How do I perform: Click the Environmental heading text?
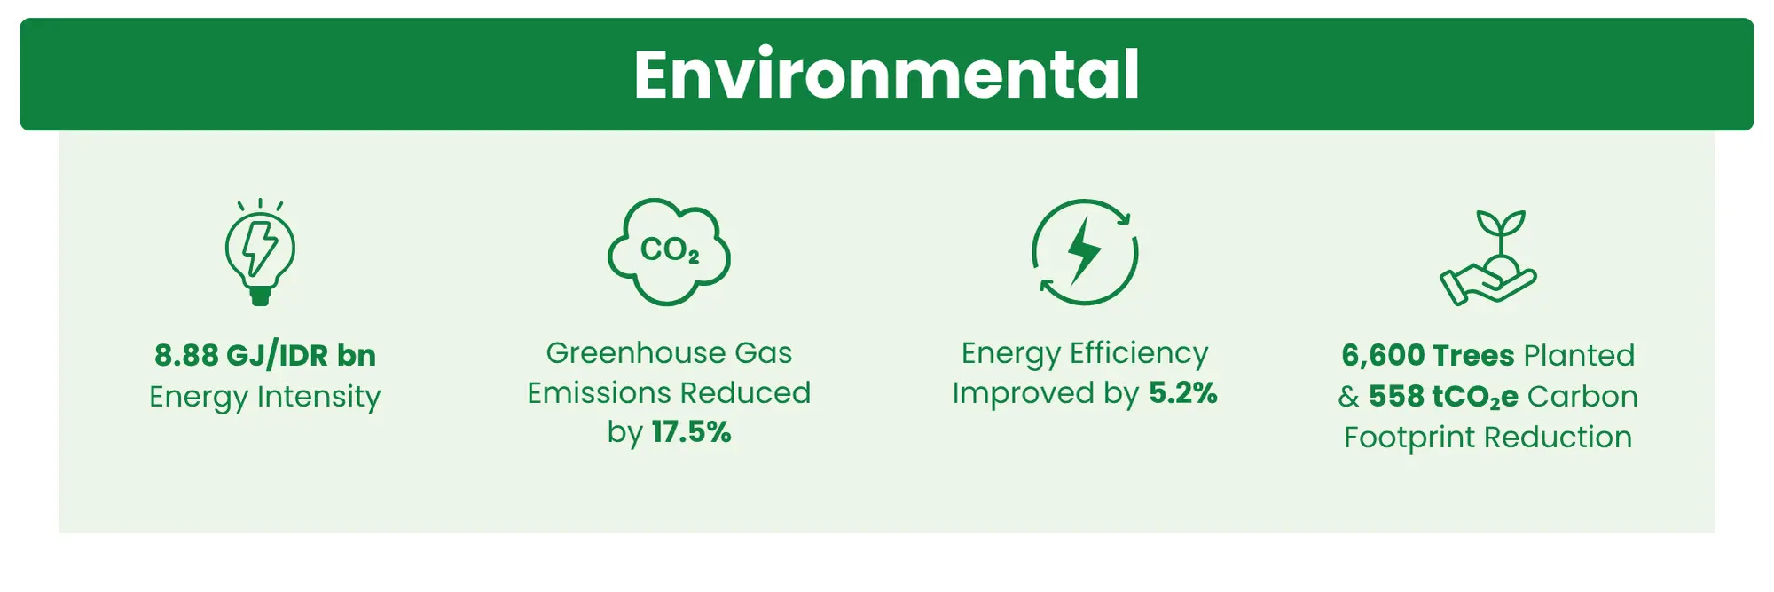(886, 75)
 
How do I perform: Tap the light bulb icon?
(260, 252)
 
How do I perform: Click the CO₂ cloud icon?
(669, 252)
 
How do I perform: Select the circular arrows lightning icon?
(1084, 252)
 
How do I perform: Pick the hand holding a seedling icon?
(1488, 257)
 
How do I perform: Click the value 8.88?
(186, 355)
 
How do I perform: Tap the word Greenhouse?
(635, 352)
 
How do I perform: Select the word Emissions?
(599, 392)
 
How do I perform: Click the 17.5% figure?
(691, 432)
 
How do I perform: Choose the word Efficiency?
(1139, 354)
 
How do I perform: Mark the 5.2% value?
(1183, 392)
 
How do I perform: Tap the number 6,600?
(1383, 356)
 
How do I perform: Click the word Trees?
(1473, 355)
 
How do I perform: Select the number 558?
(1396, 396)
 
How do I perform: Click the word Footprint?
(1409, 438)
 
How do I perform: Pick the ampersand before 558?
(1348, 396)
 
